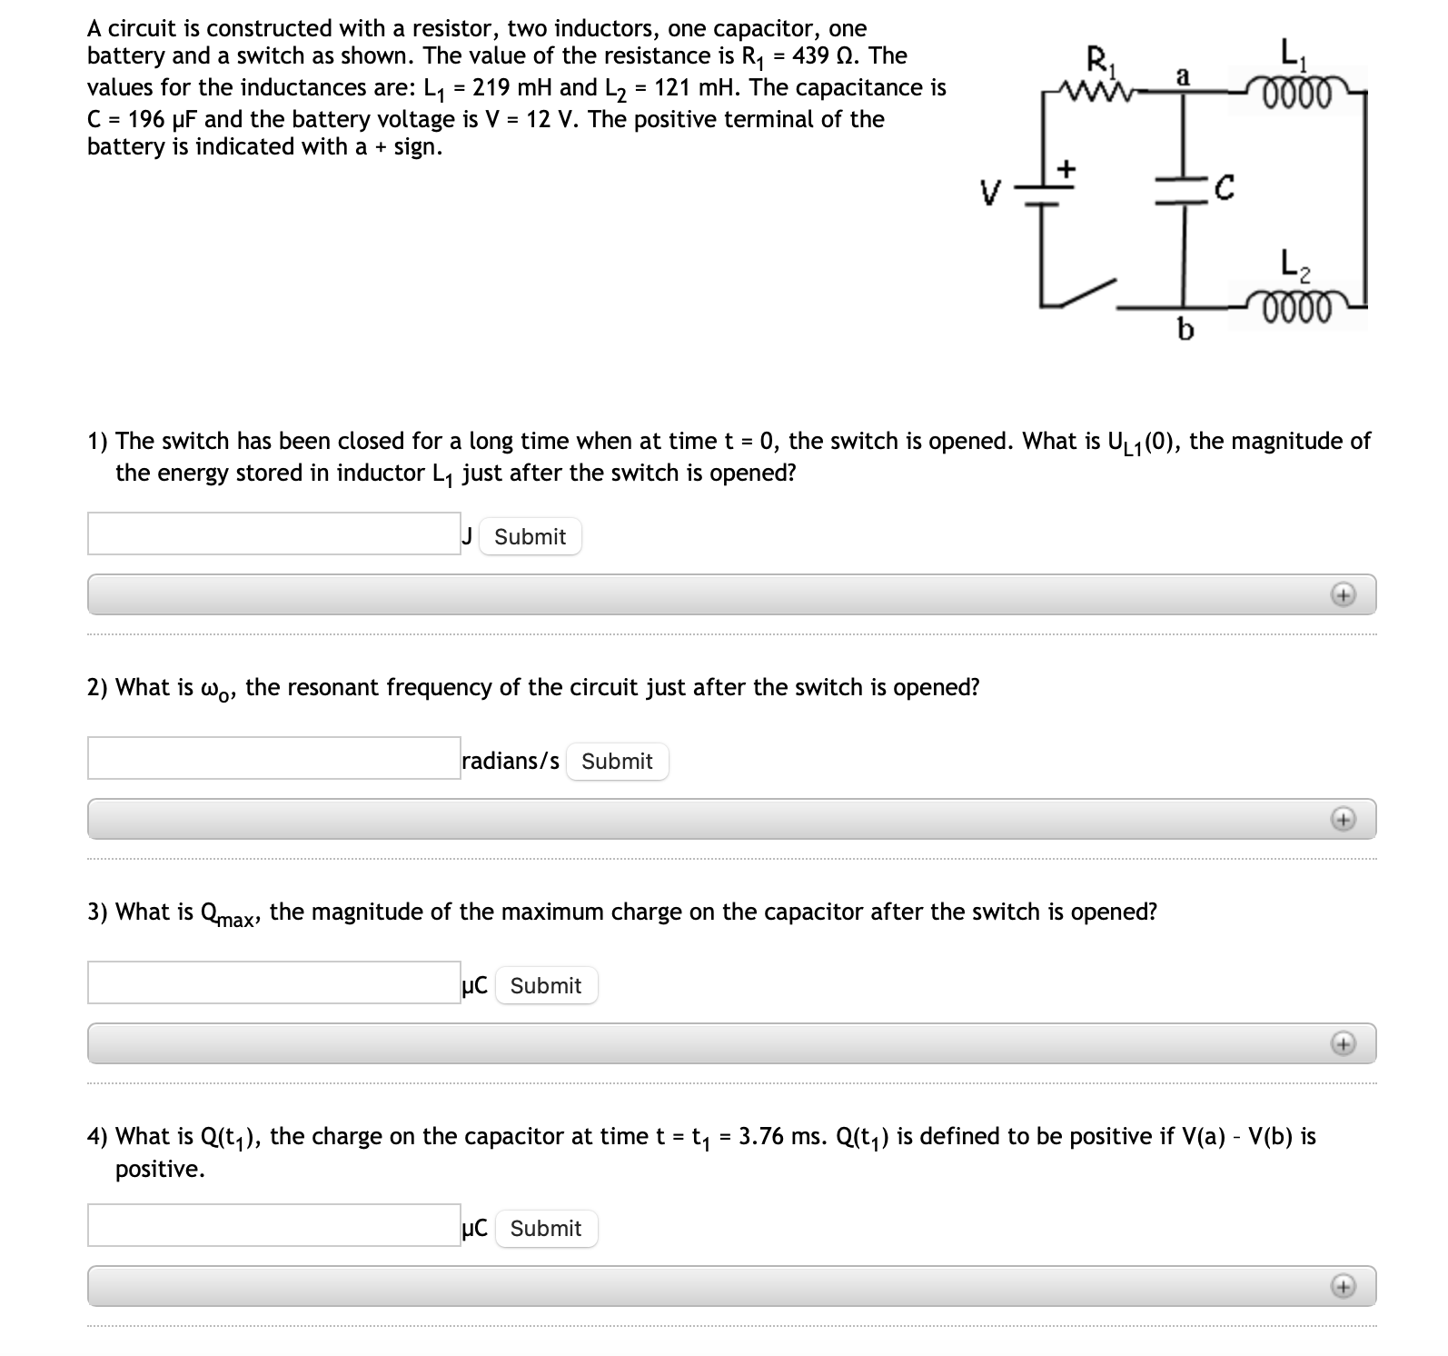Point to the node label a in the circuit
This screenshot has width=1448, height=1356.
pyautogui.click(x=1183, y=76)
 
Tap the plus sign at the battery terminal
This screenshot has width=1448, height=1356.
pyautogui.click(x=1067, y=168)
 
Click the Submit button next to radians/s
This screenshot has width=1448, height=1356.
pyautogui.click(x=617, y=762)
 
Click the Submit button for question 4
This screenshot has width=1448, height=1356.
pyautogui.click(x=545, y=1229)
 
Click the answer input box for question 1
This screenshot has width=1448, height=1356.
pyautogui.click(x=273, y=533)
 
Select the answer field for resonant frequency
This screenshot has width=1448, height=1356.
pyautogui.click(x=273, y=758)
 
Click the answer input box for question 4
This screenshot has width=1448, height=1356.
pyautogui.click(x=273, y=1225)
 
